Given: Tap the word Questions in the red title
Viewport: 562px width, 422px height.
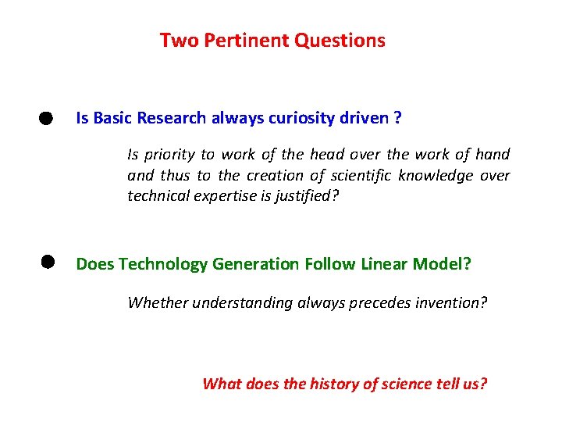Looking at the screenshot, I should [340, 41].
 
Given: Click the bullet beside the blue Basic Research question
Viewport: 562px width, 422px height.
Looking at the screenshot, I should [46, 119].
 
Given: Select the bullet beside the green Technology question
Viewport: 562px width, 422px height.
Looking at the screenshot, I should [46, 263].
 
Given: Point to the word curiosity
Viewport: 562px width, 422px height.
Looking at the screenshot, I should [304, 118].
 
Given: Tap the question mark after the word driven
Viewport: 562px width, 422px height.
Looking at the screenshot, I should [398, 118].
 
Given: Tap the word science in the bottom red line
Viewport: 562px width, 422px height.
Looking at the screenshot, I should [395, 384].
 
